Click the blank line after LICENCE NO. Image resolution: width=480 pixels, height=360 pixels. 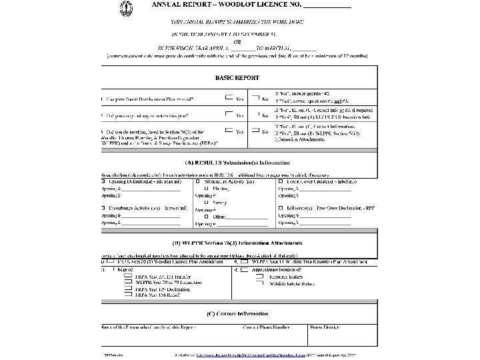point(327,7)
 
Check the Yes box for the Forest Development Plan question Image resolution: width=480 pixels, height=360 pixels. point(229,98)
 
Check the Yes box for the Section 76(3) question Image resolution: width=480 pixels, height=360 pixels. point(229,131)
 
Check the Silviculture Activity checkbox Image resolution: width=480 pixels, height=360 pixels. point(197,181)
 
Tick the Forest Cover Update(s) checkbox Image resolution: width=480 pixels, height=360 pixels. point(281,181)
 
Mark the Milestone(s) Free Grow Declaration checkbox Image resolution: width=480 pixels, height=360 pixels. point(281,209)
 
